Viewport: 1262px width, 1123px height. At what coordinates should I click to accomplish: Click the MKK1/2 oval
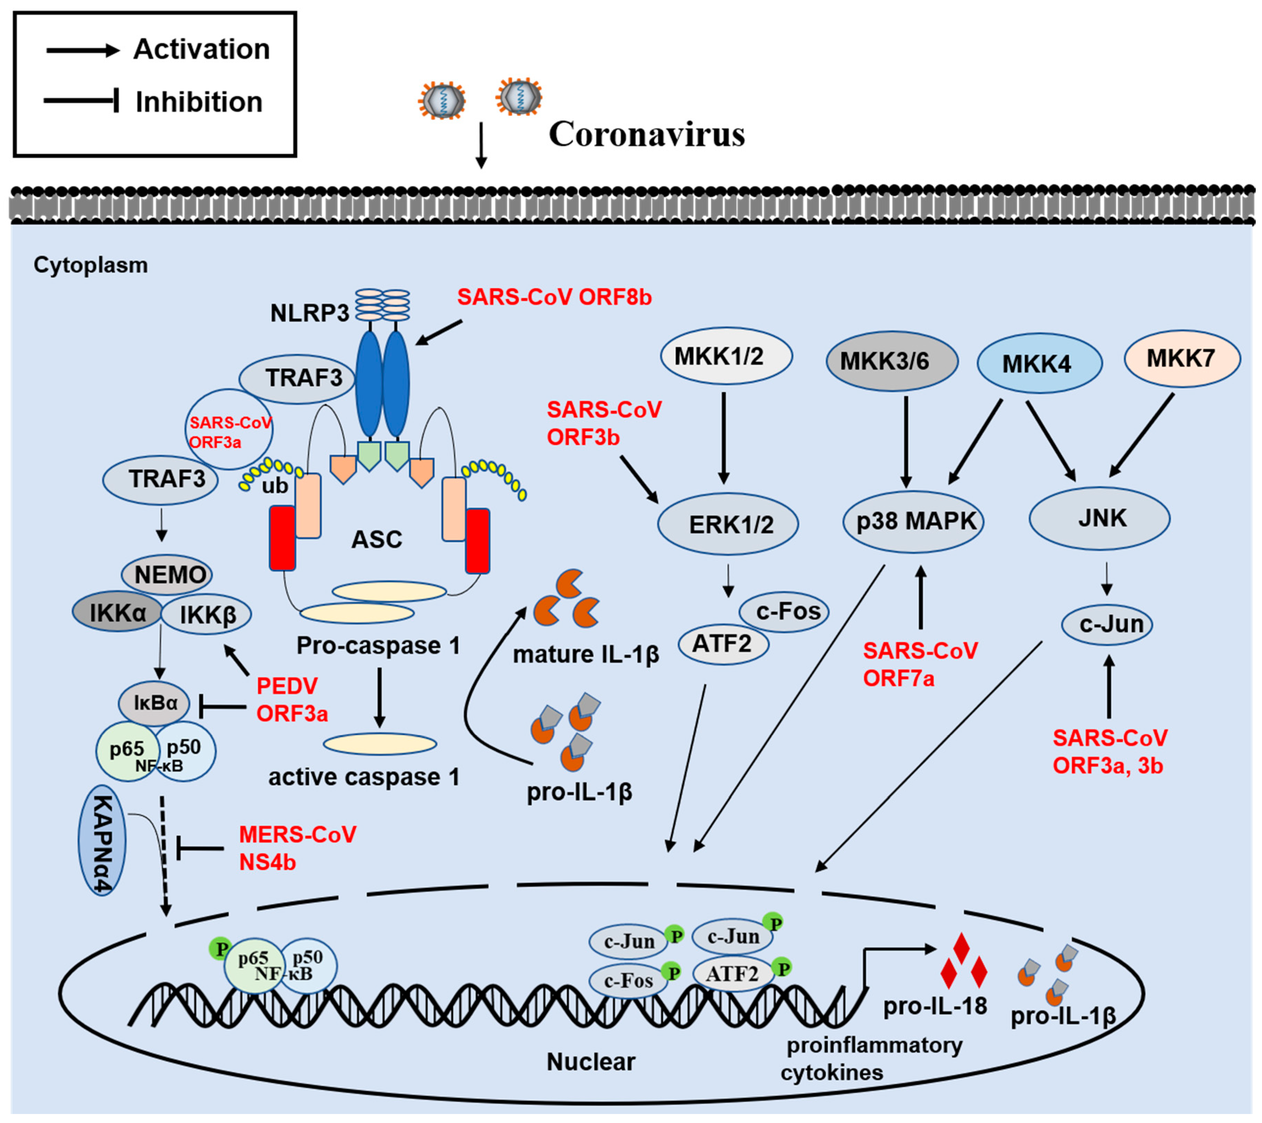click(x=726, y=356)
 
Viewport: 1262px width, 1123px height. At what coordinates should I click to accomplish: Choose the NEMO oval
click(x=167, y=575)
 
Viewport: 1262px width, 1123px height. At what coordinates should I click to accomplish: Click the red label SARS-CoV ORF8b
click(x=554, y=297)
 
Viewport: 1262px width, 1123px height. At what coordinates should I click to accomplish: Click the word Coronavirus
click(x=647, y=134)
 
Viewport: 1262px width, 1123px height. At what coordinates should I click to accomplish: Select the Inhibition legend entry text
click(x=199, y=102)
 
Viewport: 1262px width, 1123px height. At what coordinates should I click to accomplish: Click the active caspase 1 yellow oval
click(x=380, y=744)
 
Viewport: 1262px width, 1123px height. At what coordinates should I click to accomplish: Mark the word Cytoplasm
click(x=91, y=266)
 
